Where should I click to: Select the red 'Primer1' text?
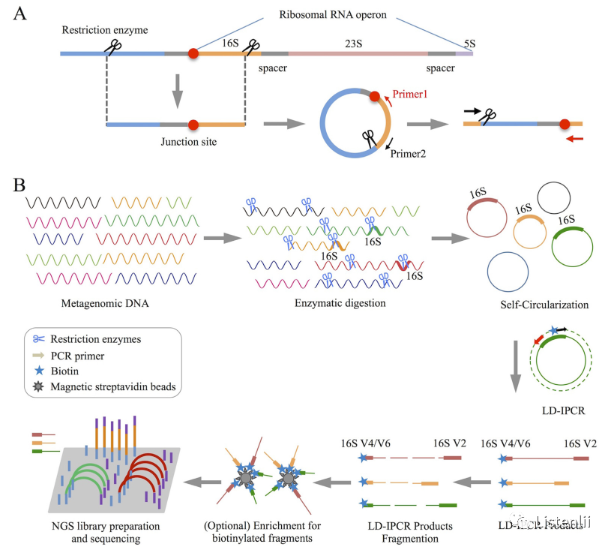coord(409,96)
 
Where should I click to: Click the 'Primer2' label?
coord(409,152)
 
